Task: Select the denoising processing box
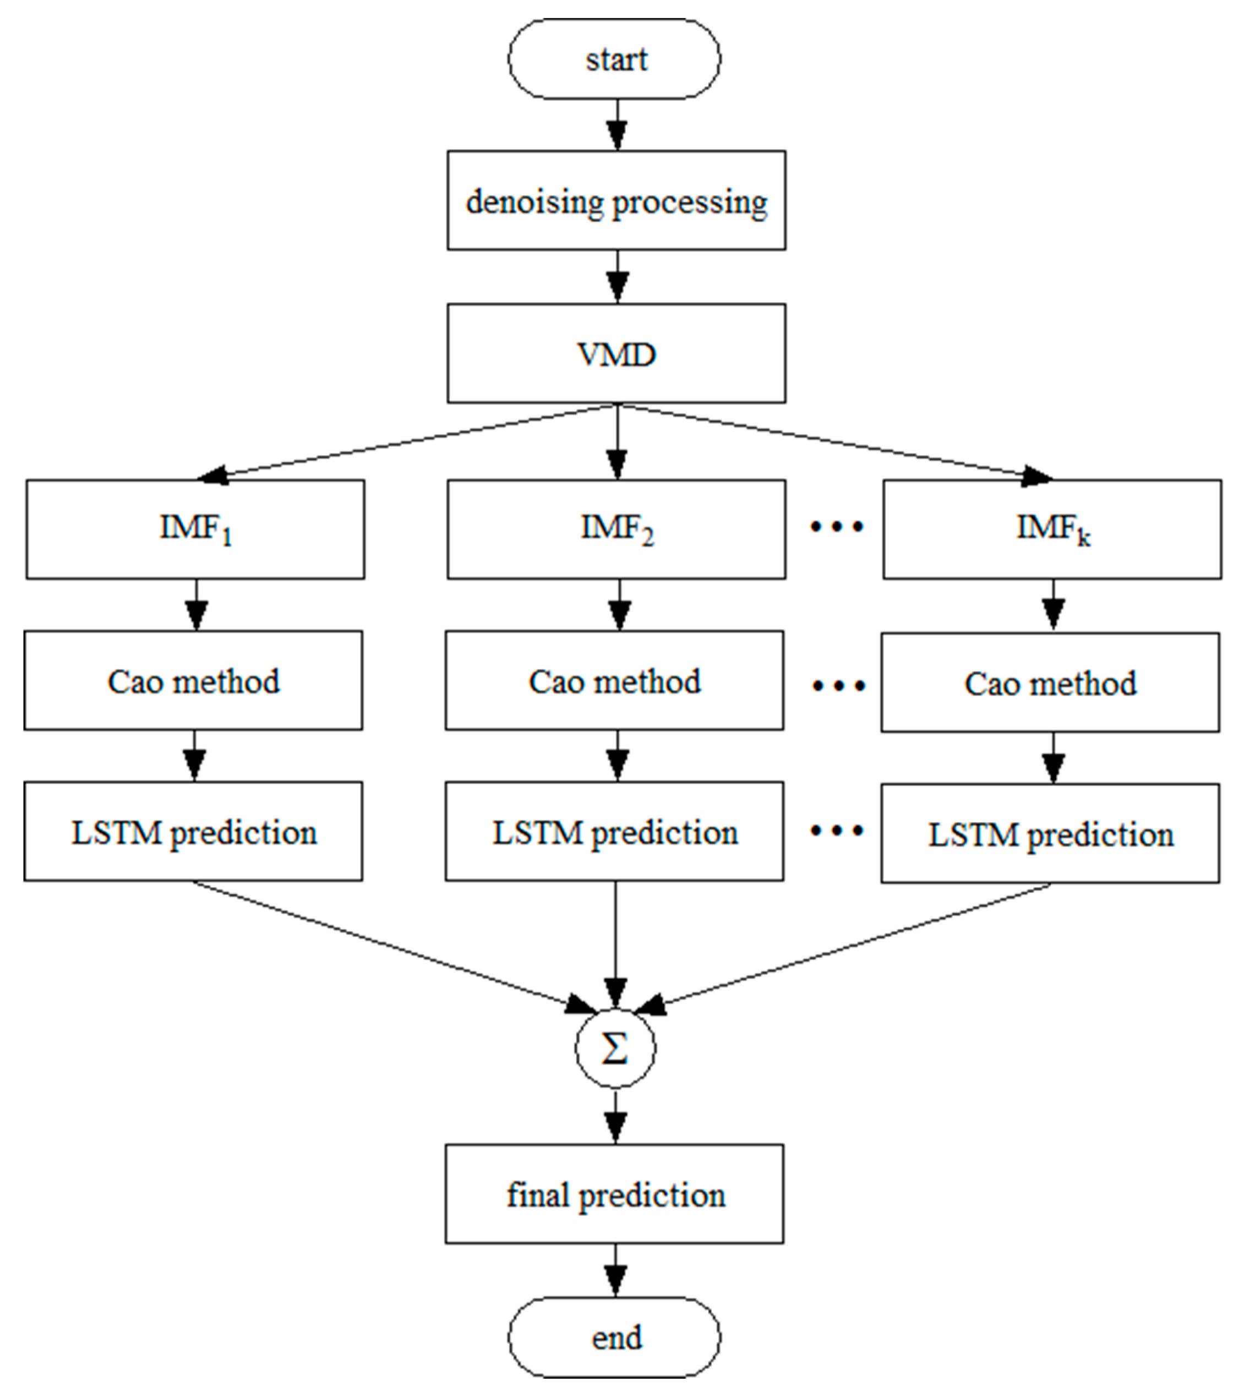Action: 616,200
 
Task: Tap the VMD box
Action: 616,353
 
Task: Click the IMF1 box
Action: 195,529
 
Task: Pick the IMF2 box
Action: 616,529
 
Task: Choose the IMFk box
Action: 1052,529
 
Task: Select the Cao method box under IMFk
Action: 1050,682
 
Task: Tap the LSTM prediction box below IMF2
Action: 614,831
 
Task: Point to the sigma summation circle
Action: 615,1048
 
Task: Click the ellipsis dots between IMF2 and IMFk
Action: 836,527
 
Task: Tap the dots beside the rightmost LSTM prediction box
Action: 836,831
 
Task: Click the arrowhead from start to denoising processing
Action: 617,135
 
